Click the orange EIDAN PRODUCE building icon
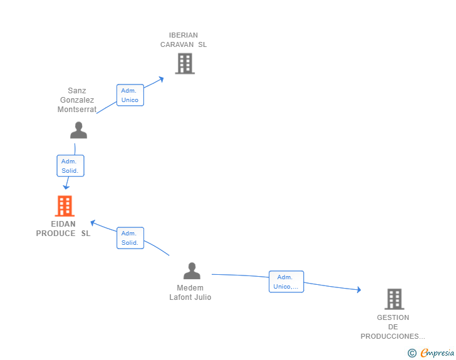[65, 206]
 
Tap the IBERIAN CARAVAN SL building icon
[185, 63]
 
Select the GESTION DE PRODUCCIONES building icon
[395, 299]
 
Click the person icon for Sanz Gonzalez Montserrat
[78, 130]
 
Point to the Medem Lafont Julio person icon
[192, 270]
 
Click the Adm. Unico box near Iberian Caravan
[130, 95]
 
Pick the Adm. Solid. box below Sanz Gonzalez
[70, 166]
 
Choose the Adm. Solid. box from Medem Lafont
[130, 238]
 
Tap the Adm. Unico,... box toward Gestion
[286, 282]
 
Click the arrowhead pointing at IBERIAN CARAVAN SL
[162, 79]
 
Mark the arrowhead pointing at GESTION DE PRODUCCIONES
[359, 289]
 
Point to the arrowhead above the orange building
[66, 187]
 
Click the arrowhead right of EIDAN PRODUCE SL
[93, 223]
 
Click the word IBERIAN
[184, 35]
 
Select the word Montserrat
[77, 110]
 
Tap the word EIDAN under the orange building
[63, 224]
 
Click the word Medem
[190, 288]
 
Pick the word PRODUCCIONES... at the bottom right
[393, 336]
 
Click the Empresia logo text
[437, 353]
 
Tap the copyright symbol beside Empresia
[412, 353]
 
